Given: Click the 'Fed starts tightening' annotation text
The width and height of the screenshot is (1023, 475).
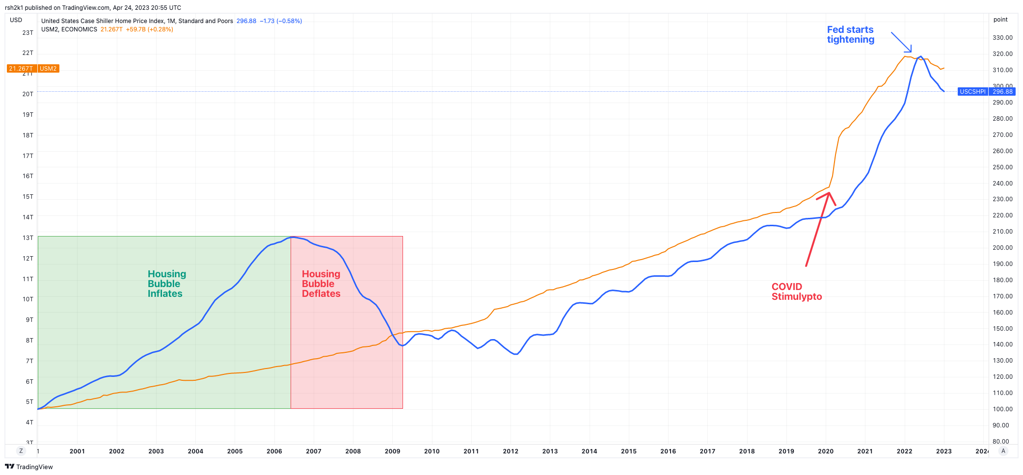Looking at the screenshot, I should tap(850, 35).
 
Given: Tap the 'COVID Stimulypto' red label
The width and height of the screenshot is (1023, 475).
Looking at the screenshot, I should tap(796, 291).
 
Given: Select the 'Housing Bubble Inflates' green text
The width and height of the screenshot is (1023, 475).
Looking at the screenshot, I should tap(166, 284).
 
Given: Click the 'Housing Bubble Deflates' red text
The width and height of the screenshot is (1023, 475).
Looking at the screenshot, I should tap(321, 284).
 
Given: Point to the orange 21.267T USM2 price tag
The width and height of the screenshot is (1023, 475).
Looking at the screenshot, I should tap(33, 69).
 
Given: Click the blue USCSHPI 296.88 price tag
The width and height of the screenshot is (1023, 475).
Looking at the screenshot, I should tap(986, 92).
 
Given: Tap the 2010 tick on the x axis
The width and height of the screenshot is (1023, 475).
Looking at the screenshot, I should tap(431, 451).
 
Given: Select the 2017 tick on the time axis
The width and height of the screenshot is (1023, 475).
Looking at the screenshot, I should tap(707, 451).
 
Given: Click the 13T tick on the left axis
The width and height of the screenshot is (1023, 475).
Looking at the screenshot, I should tap(28, 238).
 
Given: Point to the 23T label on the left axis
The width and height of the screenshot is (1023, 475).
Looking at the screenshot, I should tap(28, 33).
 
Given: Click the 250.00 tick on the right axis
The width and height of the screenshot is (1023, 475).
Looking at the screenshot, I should tap(1002, 167).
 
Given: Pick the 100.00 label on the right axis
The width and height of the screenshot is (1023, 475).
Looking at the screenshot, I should tap(1002, 409).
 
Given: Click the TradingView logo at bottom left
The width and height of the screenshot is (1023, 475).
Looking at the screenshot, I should tap(29, 467).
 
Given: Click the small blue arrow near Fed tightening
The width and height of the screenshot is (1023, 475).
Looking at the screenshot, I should tap(902, 43).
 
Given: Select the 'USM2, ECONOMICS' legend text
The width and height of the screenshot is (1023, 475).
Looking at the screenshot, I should tap(69, 29).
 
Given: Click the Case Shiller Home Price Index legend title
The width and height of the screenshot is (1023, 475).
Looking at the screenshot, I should tap(137, 21).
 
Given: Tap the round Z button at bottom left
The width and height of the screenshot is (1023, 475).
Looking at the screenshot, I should tap(21, 451).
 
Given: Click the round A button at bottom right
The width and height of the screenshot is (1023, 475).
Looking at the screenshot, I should tap(1003, 451).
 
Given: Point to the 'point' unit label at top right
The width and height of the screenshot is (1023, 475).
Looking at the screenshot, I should tap(1000, 20).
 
